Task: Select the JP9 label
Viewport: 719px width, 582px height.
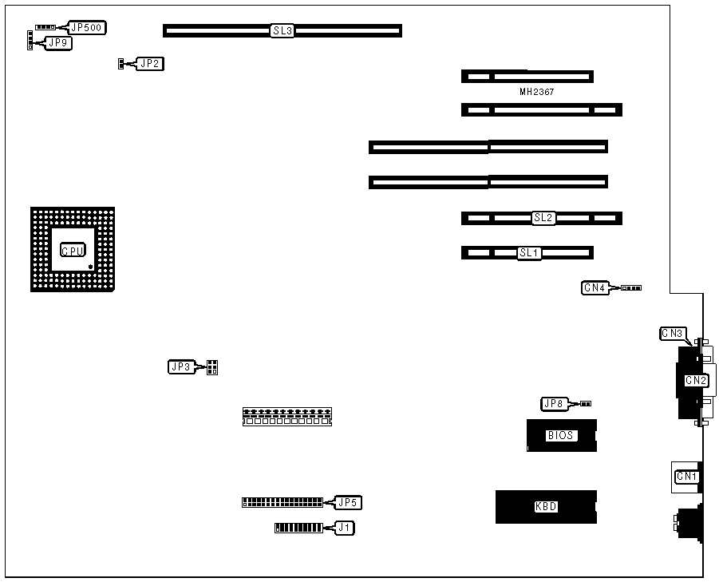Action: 58,43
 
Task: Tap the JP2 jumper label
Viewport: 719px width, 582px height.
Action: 150,63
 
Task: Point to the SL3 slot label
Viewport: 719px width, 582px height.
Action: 282,31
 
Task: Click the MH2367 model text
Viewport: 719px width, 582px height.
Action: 536,93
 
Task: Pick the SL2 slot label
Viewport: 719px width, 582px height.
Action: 543,218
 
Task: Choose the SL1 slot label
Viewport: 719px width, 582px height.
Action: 529,253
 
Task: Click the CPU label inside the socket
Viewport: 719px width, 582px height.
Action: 72,250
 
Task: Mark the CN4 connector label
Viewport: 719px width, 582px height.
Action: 595,288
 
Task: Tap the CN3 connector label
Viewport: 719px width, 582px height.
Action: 672,333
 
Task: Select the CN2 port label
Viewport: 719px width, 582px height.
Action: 696,380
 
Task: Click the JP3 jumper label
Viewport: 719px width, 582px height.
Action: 180,367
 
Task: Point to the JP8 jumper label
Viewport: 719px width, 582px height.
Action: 554,404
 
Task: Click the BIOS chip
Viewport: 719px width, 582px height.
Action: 562,435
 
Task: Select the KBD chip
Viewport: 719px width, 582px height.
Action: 546,507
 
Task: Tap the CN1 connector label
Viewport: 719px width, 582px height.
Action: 686,477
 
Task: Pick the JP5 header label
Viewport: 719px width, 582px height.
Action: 349,502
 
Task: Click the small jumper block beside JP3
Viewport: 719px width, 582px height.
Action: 212,367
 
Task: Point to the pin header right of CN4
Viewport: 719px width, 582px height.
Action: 631,288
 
